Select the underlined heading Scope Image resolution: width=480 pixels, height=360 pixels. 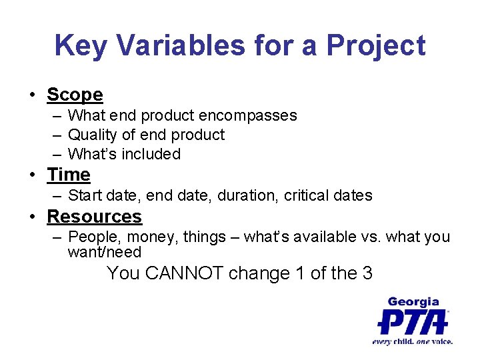tap(75, 95)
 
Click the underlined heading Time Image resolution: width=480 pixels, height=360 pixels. tap(68, 175)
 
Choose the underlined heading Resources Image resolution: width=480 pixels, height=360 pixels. tap(94, 217)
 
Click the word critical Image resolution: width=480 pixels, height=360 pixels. tap(306, 195)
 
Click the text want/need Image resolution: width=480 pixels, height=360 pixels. tap(105, 252)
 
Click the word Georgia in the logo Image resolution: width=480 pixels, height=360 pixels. tap(413, 302)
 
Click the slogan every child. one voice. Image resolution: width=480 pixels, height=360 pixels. tap(413, 341)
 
